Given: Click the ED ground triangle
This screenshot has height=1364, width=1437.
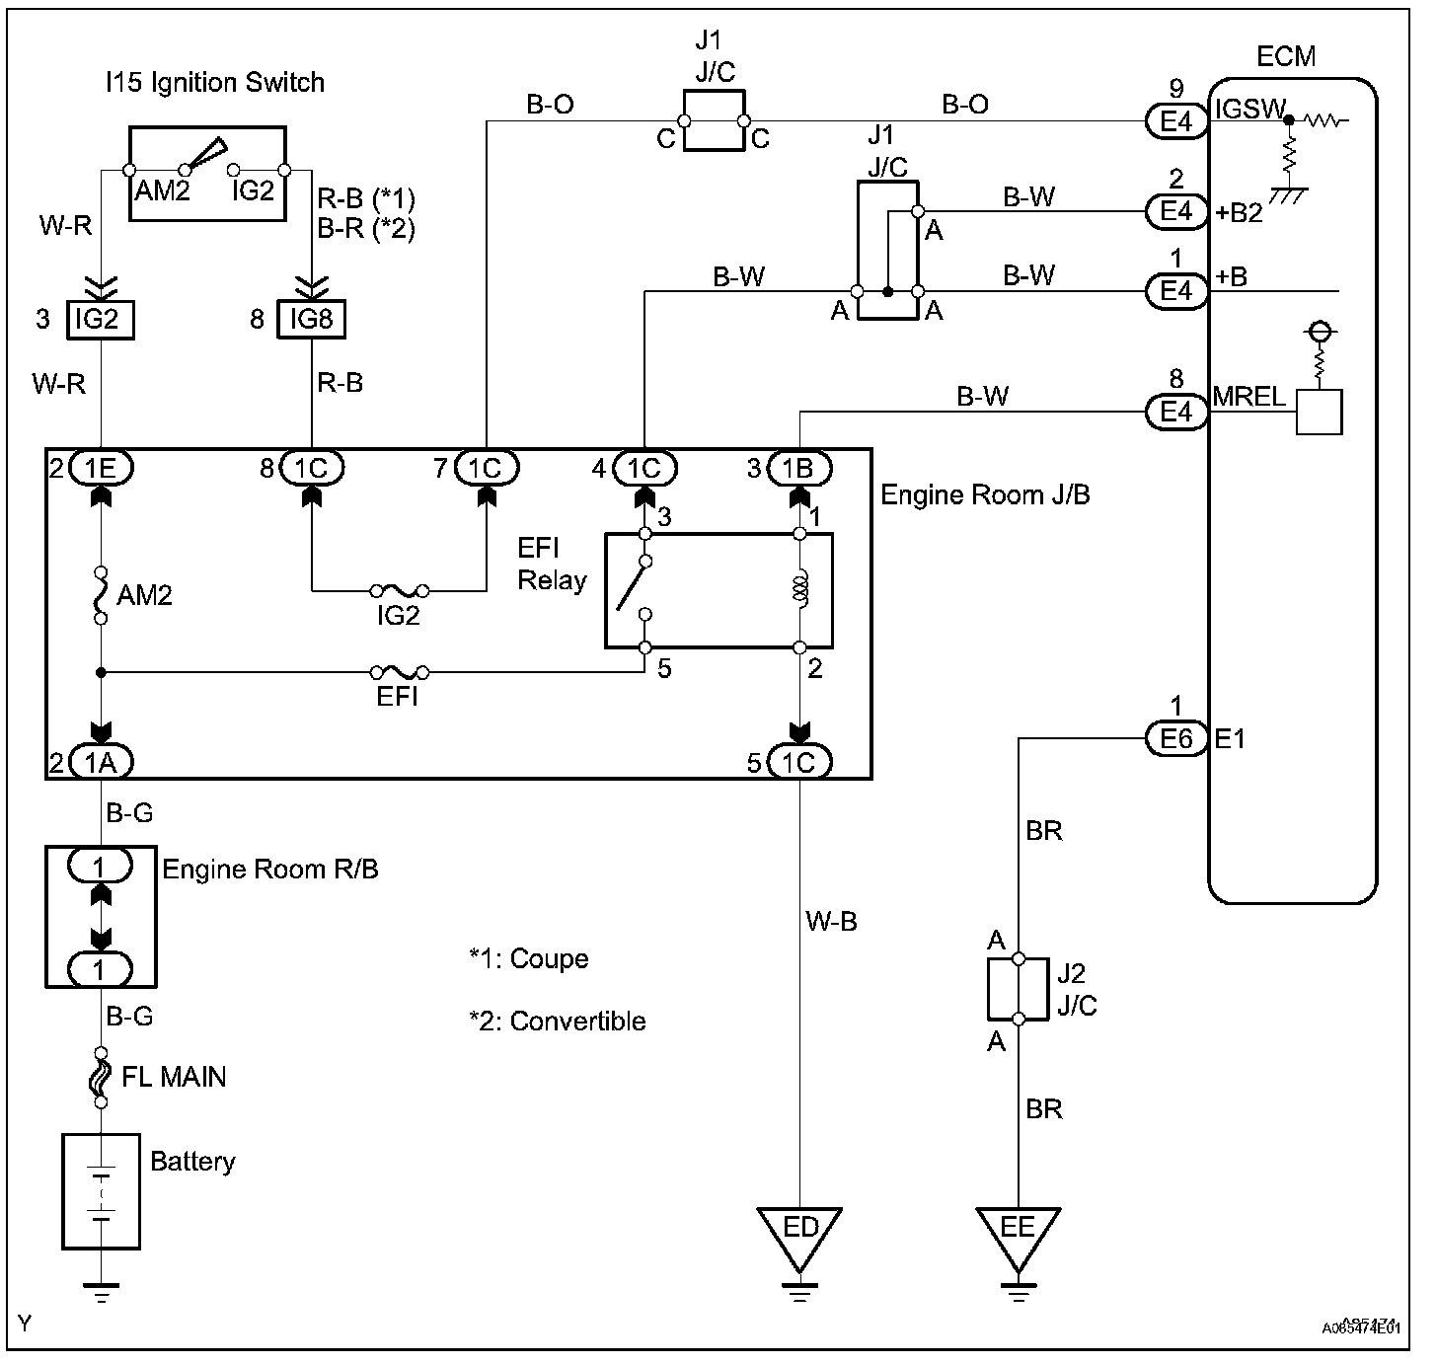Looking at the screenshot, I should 800,1233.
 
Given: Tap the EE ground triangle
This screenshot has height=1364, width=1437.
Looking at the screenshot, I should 1018,1233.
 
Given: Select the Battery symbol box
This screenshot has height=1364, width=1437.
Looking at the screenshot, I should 101,1191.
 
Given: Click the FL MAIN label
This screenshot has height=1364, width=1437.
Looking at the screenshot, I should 174,1076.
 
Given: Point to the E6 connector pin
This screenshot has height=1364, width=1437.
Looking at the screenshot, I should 1176,737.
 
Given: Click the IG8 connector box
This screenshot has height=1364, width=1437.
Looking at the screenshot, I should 312,319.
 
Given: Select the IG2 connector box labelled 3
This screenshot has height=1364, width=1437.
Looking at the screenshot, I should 100,319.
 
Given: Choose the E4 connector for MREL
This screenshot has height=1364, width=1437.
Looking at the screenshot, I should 1176,411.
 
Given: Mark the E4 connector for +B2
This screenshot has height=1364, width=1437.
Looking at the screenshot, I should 1176,210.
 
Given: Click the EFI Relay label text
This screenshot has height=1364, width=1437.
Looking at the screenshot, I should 552,566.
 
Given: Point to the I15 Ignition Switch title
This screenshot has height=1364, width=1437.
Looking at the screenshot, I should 215,81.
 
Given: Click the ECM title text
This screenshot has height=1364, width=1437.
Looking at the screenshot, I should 1286,55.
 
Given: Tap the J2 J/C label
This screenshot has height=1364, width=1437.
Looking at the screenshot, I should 1076,989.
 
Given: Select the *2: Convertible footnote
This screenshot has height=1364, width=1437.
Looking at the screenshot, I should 558,1021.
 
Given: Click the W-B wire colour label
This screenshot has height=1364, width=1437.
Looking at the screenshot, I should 831,922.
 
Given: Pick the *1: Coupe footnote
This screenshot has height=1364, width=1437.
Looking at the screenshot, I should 529,959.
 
